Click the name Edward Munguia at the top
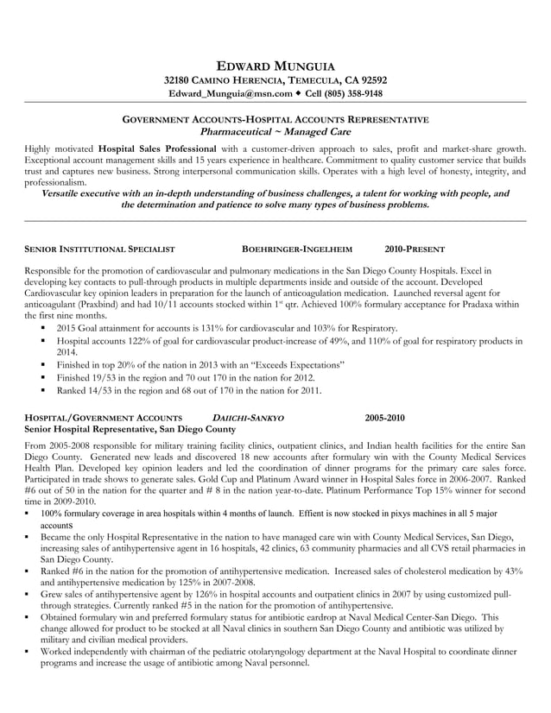click(x=275, y=66)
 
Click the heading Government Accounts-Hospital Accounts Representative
click(x=275, y=119)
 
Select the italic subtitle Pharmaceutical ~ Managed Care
click(x=275, y=131)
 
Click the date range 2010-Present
click(x=414, y=248)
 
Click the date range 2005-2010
click(x=384, y=418)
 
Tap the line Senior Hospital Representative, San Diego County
click(x=130, y=429)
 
